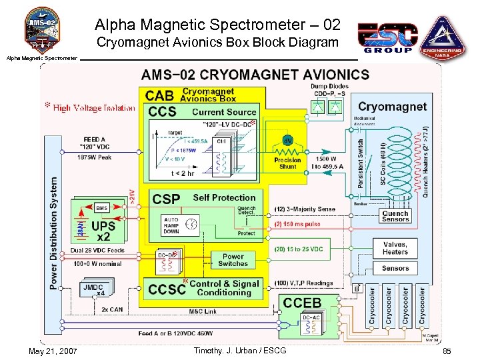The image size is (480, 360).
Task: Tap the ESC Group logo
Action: (x=387, y=37)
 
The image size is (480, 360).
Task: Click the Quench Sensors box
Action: (x=395, y=216)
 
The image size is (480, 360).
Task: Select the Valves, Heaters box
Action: (x=395, y=248)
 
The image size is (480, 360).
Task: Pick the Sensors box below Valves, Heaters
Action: (x=395, y=268)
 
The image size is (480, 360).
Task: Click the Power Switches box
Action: (x=233, y=260)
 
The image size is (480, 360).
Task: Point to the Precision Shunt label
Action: (x=288, y=163)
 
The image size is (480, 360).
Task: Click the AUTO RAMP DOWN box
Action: (x=171, y=226)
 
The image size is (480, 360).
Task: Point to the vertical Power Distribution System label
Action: (x=53, y=233)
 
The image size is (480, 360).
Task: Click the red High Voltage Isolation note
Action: (x=89, y=107)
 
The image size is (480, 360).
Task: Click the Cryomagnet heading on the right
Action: (x=392, y=107)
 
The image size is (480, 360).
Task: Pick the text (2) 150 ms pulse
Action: (x=298, y=225)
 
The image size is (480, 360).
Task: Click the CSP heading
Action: (x=165, y=199)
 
